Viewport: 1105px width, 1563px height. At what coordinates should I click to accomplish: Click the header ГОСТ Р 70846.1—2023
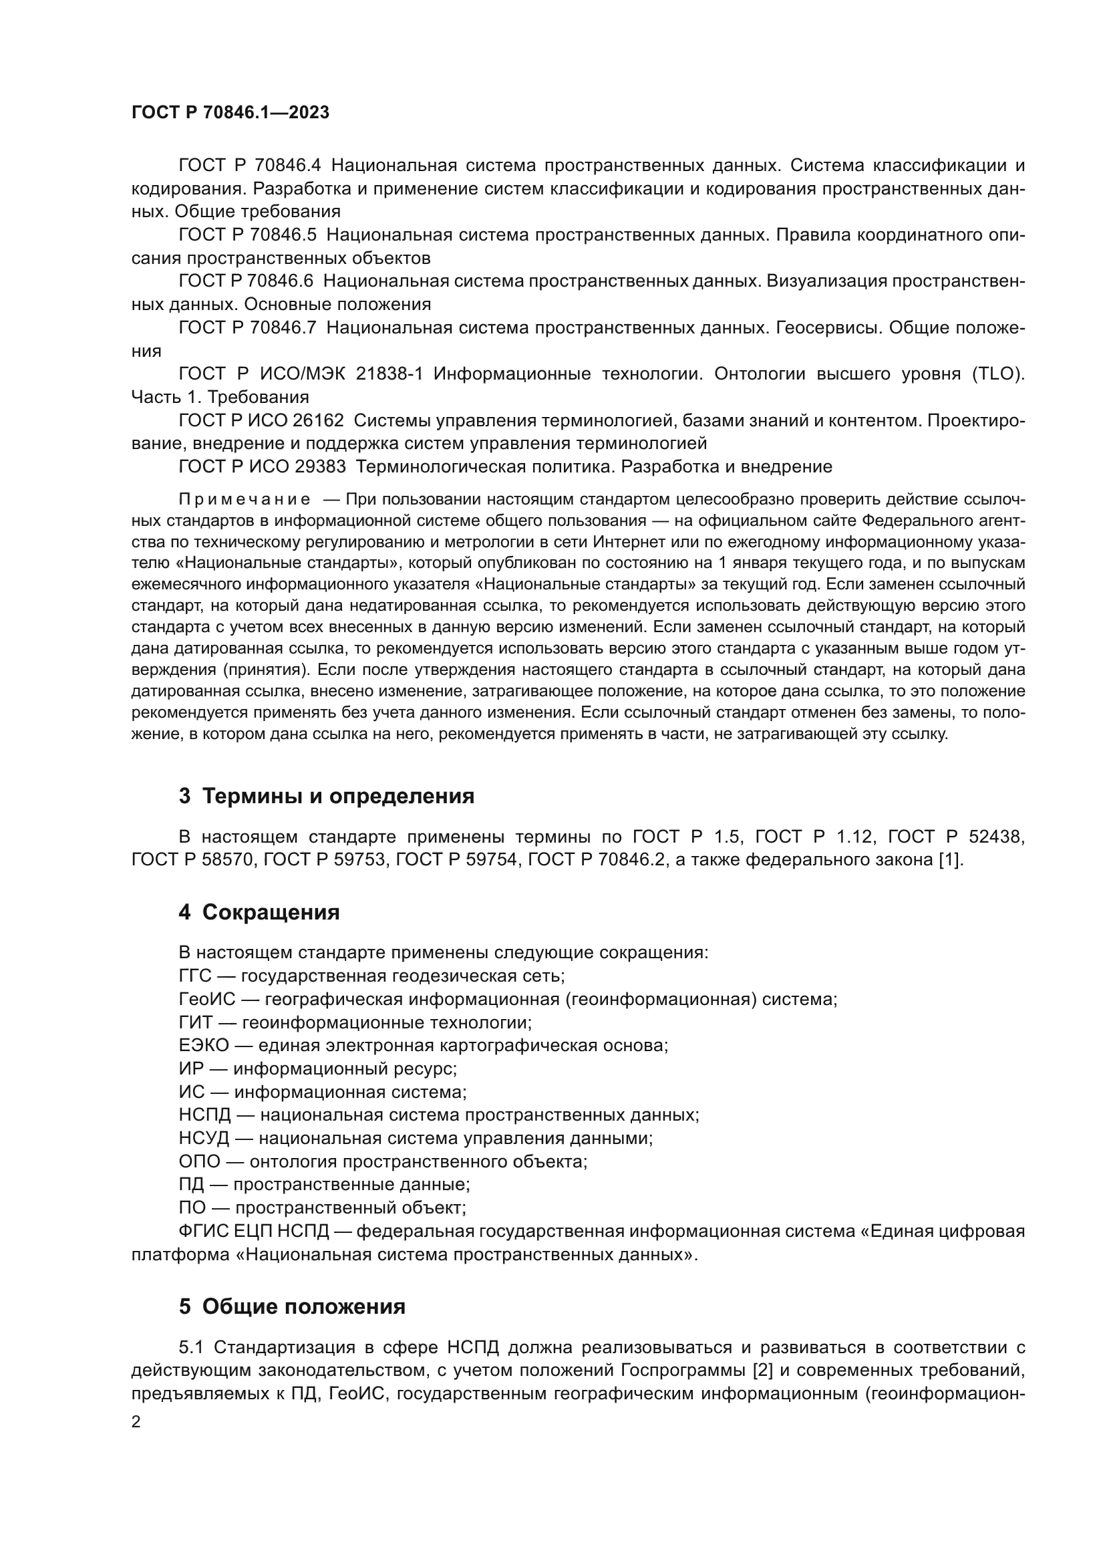[230, 113]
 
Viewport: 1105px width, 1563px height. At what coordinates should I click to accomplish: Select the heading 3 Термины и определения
[326, 796]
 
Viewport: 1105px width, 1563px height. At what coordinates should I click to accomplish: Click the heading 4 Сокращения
[259, 912]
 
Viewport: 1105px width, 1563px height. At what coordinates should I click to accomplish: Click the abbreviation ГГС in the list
[195, 976]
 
